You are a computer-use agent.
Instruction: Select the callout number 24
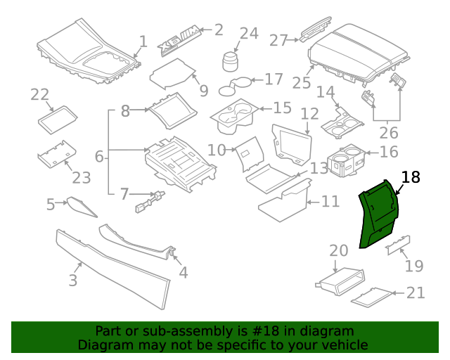(249, 33)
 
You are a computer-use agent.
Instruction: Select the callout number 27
(279, 40)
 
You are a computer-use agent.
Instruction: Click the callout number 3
(72, 281)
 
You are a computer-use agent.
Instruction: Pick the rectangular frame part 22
(58, 120)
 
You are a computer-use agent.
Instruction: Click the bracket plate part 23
(56, 155)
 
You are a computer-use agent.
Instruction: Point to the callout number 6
(99, 156)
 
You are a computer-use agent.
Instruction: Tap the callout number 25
(302, 82)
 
